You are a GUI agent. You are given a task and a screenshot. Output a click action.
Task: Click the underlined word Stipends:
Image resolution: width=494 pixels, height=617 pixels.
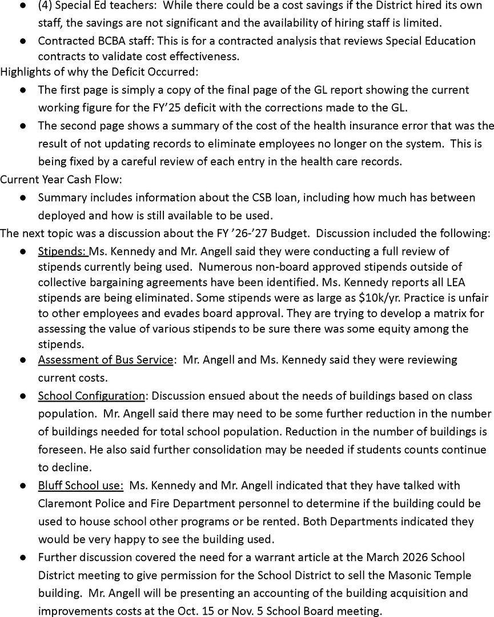pyautogui.click(x=62, y=251)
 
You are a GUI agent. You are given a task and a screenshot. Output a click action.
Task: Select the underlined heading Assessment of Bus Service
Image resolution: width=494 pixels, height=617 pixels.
pyautogui.click(x=105, y=360)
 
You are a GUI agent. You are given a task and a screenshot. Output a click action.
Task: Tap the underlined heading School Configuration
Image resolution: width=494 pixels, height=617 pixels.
pyautogui.click(x=91, y=396)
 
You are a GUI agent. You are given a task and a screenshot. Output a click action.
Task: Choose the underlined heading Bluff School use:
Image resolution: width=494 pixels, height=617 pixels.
pyautogui.click(x=81, y=485)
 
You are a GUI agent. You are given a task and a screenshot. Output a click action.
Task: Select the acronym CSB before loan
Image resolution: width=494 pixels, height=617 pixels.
pyautogui.click(x=238, y=198)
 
